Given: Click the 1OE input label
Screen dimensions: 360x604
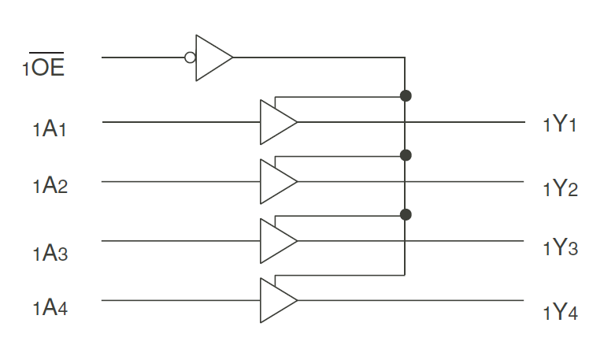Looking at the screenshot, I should pos(43,66).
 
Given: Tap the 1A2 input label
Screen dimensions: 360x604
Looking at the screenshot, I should pos(50,187).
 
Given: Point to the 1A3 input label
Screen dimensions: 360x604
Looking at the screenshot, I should pos(50,253).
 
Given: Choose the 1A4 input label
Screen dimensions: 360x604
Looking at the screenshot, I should pos(50,308).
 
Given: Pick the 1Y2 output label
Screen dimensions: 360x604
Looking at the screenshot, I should pos(561,188).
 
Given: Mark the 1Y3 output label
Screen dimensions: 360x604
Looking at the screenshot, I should pos(561,247).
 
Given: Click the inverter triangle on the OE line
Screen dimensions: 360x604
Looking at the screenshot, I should pos(211,58).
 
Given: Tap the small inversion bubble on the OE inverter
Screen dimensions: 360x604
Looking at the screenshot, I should pos(189,58).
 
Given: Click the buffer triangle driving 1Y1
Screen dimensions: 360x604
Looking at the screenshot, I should pos(276,122).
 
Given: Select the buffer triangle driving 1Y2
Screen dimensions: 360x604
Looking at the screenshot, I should pos(276,181).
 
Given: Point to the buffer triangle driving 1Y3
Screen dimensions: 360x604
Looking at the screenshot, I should pos(276,240).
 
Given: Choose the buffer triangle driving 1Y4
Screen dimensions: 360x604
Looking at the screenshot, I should pos(276,300).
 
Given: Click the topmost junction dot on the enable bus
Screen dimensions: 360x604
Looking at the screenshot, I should pos(406,96).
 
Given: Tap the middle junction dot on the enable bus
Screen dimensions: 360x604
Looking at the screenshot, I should pos(406,155).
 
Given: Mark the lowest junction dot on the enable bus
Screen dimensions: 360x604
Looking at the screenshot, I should pos(406,214).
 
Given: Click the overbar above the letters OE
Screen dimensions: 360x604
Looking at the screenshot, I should pos(47,52).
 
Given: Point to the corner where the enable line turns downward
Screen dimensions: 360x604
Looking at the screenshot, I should pos(405,58).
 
